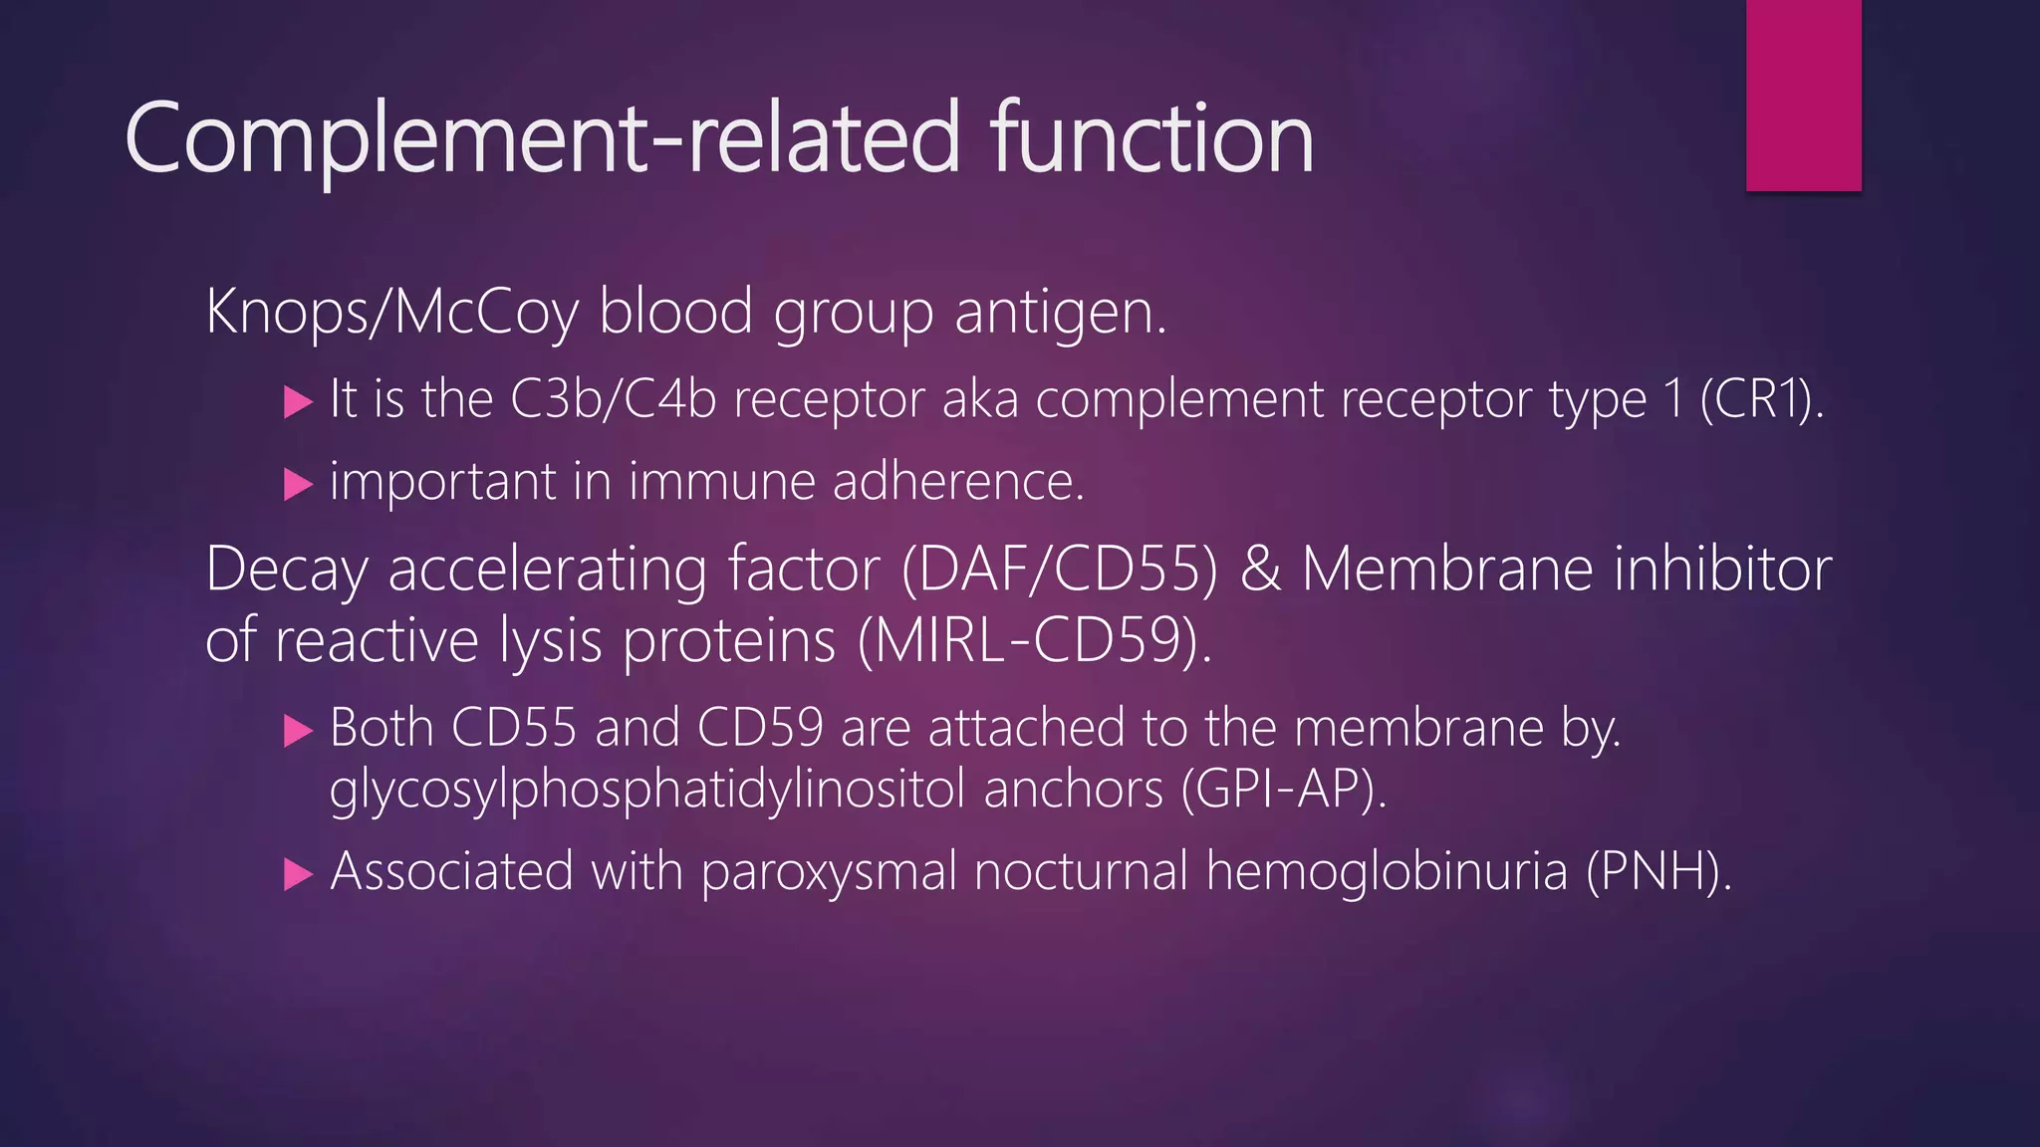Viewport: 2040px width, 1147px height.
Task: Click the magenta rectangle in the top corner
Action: click(x=1803, y=95)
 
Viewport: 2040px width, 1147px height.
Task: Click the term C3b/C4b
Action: click(x=613, y=400)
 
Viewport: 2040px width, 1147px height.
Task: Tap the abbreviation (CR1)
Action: click(x=1761, y=400)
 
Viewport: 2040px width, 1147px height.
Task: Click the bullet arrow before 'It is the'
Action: click(x=298, y=402)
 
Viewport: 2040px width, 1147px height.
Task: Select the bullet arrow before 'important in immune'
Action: click(x=298, y=485)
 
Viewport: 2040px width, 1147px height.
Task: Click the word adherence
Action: click(x=957, y=482)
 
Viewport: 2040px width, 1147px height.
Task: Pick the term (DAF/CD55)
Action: click(x=1059, y=570)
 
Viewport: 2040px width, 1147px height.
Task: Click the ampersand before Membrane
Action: click(x=1260, y=570)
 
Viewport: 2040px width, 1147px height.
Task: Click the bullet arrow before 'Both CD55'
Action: click(x=298, y=731)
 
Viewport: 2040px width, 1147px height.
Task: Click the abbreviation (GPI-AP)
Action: click(x=1283, y=791)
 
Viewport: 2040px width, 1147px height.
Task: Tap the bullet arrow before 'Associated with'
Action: click(x=298, y=874)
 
